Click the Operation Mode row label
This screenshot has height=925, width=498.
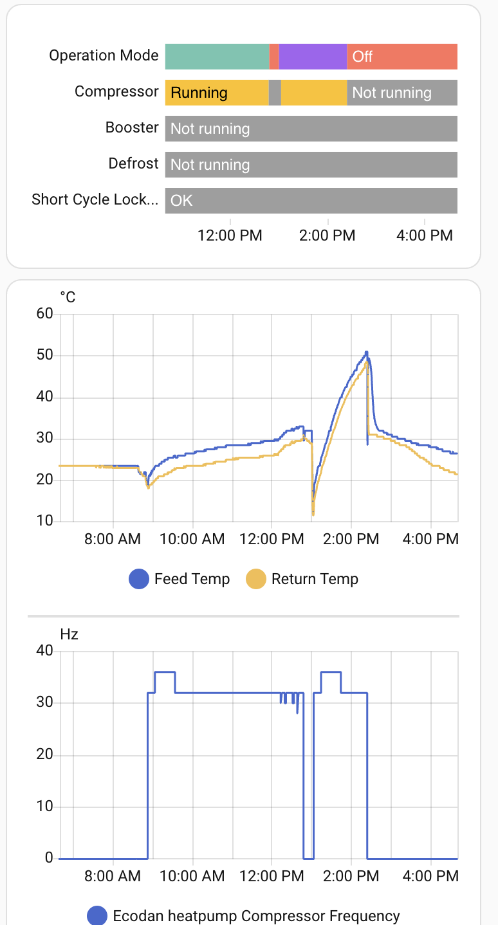104,55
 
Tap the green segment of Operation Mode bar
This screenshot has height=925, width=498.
217,57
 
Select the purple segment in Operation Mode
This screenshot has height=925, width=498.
313,57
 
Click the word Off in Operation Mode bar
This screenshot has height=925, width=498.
362,57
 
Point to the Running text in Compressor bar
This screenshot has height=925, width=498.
199,93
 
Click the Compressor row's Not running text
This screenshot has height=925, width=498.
391,93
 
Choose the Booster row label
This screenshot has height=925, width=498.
132,127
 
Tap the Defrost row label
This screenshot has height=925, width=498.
133,163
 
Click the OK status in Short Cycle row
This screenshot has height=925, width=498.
181,201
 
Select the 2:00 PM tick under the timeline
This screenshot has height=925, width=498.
327,235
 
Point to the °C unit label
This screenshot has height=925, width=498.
68,297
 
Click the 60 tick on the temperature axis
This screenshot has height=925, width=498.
45,314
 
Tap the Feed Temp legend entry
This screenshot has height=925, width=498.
180,579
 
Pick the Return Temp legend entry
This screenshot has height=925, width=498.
302,579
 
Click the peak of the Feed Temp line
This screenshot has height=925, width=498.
366,352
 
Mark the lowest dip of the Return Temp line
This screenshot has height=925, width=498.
313,514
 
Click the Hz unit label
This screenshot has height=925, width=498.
69,634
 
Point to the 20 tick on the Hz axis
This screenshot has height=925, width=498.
45,755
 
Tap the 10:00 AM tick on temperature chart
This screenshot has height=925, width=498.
192,538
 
